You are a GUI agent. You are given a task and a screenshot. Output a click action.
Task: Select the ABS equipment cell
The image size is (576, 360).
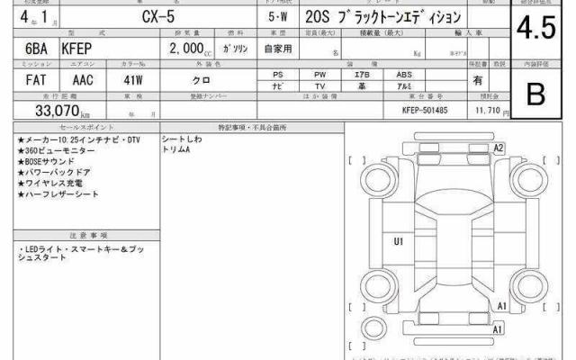[x=404, y=75]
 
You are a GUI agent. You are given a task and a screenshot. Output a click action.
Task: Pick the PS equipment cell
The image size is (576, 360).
[x=279, y=75]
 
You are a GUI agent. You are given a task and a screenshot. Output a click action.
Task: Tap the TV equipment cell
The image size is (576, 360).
[x=320, y=87]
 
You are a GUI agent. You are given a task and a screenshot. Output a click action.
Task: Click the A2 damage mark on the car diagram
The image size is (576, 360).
[x=497, y=146]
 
